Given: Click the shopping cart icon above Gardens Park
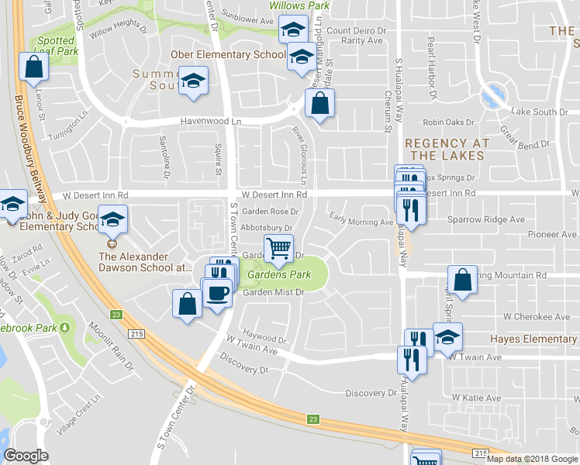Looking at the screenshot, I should coord(279,249).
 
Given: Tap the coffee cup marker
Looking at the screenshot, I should coord(216,292).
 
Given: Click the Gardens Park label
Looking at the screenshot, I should coord(278,275).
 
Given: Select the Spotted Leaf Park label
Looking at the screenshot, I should coord(57,46).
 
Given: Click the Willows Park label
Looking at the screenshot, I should coord(299,5).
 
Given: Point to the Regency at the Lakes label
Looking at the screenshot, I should coord(447,150).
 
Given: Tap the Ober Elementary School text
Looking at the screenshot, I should coord(227,55).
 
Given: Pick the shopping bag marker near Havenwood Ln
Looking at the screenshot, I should coord(319,103).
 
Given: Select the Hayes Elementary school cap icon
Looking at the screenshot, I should coord(447,336).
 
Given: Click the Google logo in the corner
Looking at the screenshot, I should coord(26,456).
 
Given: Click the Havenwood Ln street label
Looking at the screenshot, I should coord(211,122).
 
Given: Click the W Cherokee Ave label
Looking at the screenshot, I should coord(536,317).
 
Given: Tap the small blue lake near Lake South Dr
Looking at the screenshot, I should coord(490,98).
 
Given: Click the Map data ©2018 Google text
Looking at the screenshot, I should coord(531,459).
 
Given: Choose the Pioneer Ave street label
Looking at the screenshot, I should coord(553,234).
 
